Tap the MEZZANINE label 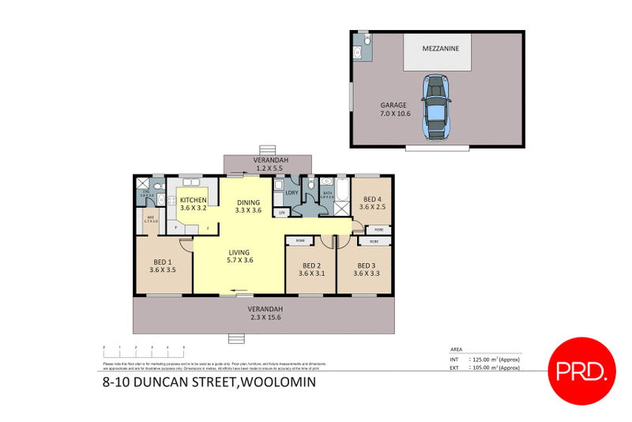438,47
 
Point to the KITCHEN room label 193,205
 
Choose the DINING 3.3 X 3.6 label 248,205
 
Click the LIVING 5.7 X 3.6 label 239,256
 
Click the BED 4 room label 371,203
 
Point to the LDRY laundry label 291,193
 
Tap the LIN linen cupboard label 281,212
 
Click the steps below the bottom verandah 235,339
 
